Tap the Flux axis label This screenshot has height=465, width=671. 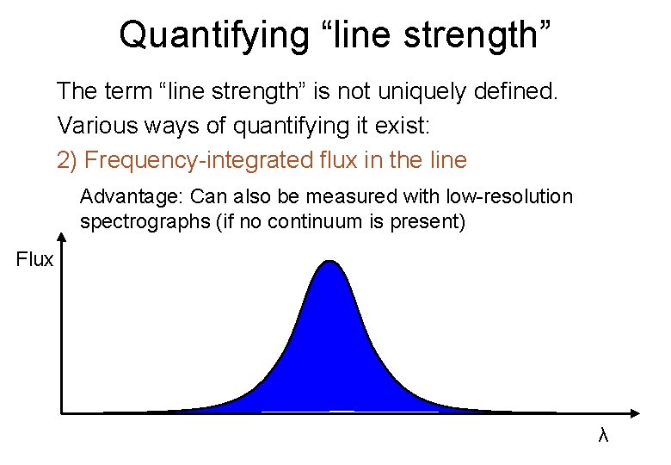click(x=34, y=259)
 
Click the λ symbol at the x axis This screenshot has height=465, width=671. click(x=603, y=437)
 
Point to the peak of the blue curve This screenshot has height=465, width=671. click(x=329, y=261)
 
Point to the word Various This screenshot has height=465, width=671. click(x=90, y=126)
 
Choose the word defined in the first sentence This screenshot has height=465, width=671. click(x=526, y=90)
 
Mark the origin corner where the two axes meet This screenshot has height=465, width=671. click(x=63, y=412)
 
